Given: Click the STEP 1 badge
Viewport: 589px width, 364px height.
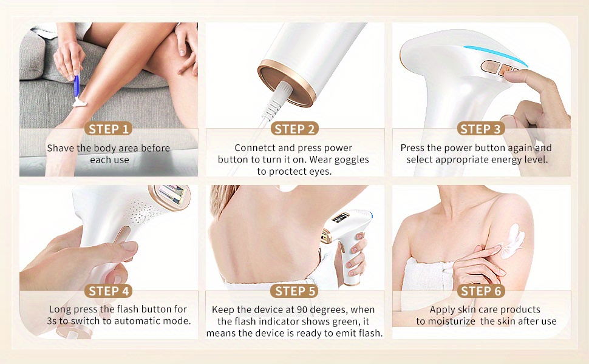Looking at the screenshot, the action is pyautogui.click(x=109, y=129).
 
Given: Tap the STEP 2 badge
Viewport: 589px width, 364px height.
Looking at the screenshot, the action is pyautogui.click(x=294, y=129).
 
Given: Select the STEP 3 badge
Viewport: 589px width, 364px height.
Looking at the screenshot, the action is pyautogui.click(x=480, y=129).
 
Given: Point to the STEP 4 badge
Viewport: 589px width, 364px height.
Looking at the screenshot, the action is pyautogui.click(x=109, y=291).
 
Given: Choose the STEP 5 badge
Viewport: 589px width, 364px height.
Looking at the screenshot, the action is pyautogui.click(x=294, y=291).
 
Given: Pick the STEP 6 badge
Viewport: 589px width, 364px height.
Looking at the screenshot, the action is pyautogui.click(x=480, y=291).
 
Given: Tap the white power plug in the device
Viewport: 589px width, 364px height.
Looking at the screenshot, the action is pyautogui.click(x=278, y=98).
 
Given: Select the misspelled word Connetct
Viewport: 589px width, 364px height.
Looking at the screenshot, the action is pyautogui.click(x=255, y=148).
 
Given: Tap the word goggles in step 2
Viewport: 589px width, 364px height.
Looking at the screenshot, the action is pyautogui.click(x=352, y=160).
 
